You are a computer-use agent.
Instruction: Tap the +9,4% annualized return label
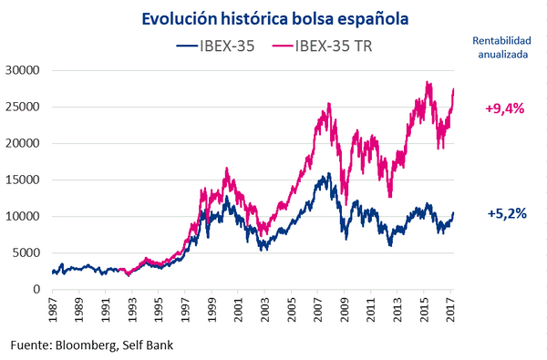(x=504, y=108)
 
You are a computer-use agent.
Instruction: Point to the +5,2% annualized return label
(x=504, y=214)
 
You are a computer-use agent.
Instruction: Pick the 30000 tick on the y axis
(x=23, y=70)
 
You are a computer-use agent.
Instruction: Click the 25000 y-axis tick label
(x=23, y=107)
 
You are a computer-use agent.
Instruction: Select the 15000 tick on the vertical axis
(x=23, y=180)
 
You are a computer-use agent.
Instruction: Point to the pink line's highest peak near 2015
(x=428, y=82)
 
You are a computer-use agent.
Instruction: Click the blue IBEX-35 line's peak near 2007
(x=325, y=174)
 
